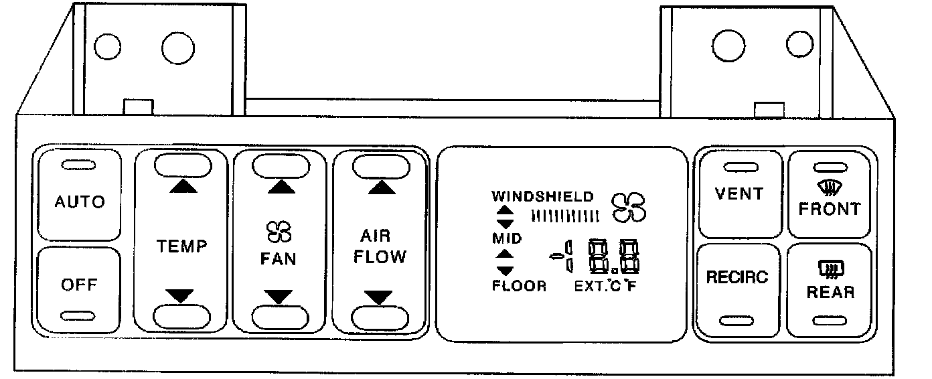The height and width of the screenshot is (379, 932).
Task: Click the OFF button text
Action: coord(79,285)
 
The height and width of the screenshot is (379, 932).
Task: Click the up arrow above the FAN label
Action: coord(281,187)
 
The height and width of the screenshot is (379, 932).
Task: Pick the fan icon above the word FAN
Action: coord(279,232)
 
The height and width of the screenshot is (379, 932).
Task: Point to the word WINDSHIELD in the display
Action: coord(542,197)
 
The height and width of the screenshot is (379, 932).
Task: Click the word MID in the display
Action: coord(508,238)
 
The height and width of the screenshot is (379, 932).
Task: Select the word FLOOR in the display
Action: coord(519,287)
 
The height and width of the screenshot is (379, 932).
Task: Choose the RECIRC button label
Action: coord(737,277)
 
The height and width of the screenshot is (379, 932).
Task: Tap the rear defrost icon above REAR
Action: coord(830,271)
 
